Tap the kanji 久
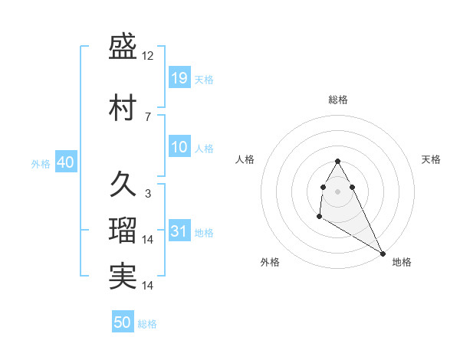coord(123,184)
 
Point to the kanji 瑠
coord(123,230)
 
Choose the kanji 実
coord(123,276)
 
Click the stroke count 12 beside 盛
coord(149,57)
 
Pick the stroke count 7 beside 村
coord(148,116)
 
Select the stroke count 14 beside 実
coord(149,286)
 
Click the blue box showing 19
coord(179,77)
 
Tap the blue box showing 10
coord(179,147)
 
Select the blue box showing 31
coord(179,231)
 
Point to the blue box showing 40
coord(65,162)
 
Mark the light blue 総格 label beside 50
coord(147,323)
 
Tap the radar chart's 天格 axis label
coord(431,159)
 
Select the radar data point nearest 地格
coord(383,254)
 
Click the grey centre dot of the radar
coord(337,190)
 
